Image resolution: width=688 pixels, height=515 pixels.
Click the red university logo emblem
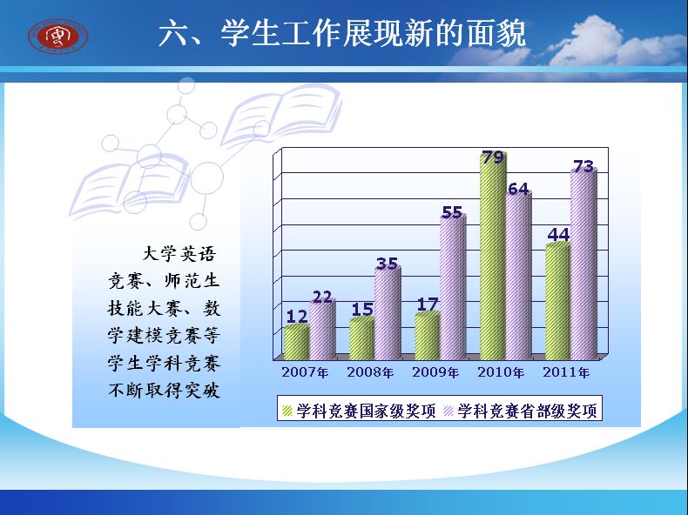click(x=58, y=36)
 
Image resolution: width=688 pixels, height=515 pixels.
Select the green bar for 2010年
click(x=493, y=256)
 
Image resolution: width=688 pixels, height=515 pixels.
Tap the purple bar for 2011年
click(x=583, y=264)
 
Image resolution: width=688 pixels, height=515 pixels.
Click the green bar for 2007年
click(x=297, y=342)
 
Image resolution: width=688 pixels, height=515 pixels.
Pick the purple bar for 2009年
click(x=453, y=287)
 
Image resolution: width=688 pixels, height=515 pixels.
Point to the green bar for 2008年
click(x=362, y=338)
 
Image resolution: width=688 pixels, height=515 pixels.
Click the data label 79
click(x=493, y=157)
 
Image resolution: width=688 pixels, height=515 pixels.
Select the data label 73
click(x=583, y=166)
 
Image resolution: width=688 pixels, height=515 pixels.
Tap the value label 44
click(x=558, y=235)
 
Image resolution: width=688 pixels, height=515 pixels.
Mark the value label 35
click(x=387, y=264)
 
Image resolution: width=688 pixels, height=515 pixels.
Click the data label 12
click(x=297, y=317)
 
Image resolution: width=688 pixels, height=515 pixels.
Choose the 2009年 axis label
click(x=435, y=372)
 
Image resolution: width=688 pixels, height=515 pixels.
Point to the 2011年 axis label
click(x=566, y=372)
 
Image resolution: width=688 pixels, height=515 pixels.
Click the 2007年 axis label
click(x=305, y=372)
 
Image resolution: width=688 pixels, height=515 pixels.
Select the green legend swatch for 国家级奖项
click(x=287, y=411)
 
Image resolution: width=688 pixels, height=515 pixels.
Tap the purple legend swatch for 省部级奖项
click(x=449, y=411)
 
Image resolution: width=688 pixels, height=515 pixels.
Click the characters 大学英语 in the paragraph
click(x=179, y=254)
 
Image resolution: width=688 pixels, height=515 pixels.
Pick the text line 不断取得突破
click(x=164, y=390)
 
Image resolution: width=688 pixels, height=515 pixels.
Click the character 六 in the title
click(x=172, y=33)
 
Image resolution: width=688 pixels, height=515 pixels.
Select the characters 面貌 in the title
click(x=496, y=33)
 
